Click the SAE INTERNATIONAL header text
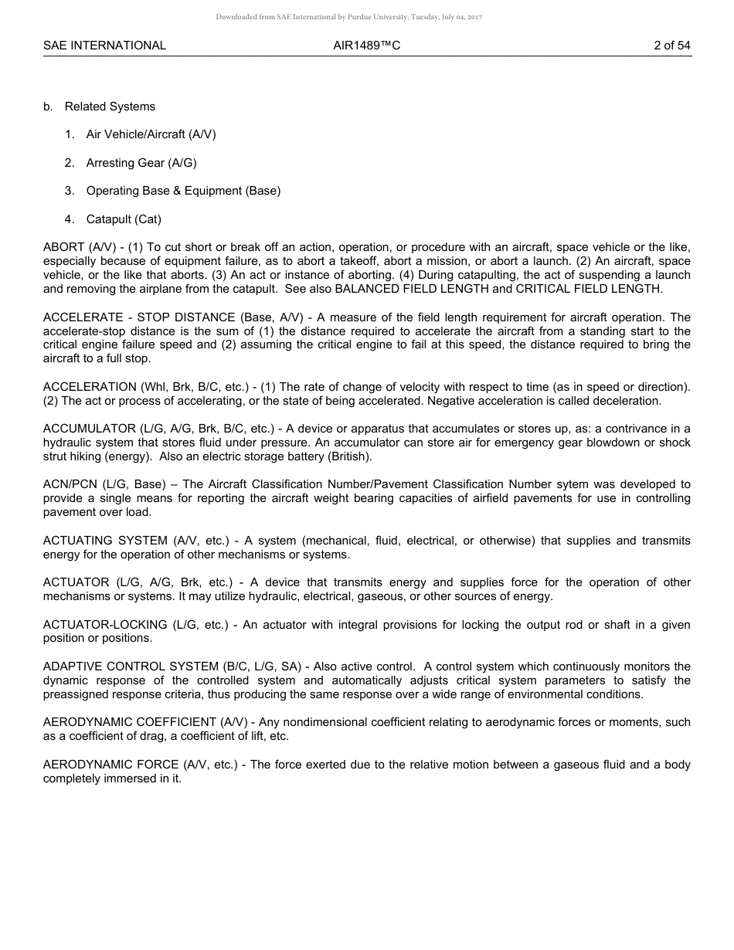[104, 46]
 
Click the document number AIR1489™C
[367, 46]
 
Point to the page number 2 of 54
[671, 46]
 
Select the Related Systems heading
[110, 107]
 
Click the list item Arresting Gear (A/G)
[136, 163]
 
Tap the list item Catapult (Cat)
[124, 219]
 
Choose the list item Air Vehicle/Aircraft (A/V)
[151, 134]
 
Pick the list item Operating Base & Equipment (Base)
[183, 191]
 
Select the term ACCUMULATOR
[88, 429]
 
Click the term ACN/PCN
[70, 484]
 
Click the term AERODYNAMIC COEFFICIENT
[130, 722]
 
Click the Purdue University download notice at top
[348, 17]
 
